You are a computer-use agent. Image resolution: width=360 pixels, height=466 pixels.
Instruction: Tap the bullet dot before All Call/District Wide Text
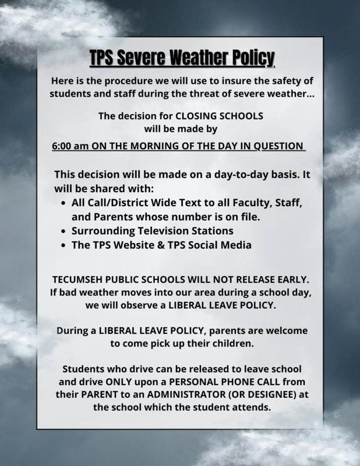click(x=63, y=201)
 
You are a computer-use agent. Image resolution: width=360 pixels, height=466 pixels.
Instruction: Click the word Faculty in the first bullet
click(x=245, y=201)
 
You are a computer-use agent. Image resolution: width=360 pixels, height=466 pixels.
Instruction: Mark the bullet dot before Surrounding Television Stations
click(x=63, y=231)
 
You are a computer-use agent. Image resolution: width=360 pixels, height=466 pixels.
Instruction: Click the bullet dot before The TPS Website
click(x=63, y=245)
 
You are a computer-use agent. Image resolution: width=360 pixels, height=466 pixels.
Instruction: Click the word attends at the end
click(x=252, y=408)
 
